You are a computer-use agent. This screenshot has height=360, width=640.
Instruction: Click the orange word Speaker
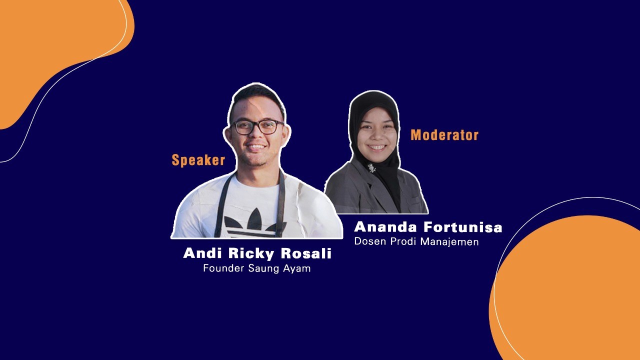pyautogui.click(x=198, y=160)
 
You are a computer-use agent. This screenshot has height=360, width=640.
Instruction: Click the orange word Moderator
pyautogui.click(x=444, y=135)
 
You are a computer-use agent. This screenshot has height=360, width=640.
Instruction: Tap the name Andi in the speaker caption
pyautogui.click(x=202, y=253)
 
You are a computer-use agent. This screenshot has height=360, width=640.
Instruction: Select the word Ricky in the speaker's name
pyautogui.click(x=251, y=253)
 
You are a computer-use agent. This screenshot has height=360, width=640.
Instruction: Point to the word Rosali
pyautogui.click(x=306, y=253)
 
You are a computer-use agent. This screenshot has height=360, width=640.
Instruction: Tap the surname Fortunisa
pyautogui.click(x=462, y=227)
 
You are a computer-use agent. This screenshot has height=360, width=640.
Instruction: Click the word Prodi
pyautogui.click(x=403, y=241)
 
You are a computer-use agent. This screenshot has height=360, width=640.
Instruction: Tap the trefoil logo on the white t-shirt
pyautogui.click(x=255, y=222)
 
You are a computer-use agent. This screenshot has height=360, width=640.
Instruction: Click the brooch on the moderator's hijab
pyautogui.click(x=371, y=168)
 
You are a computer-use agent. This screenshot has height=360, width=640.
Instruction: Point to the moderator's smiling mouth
pyautogui.click(x=376, y=147)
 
